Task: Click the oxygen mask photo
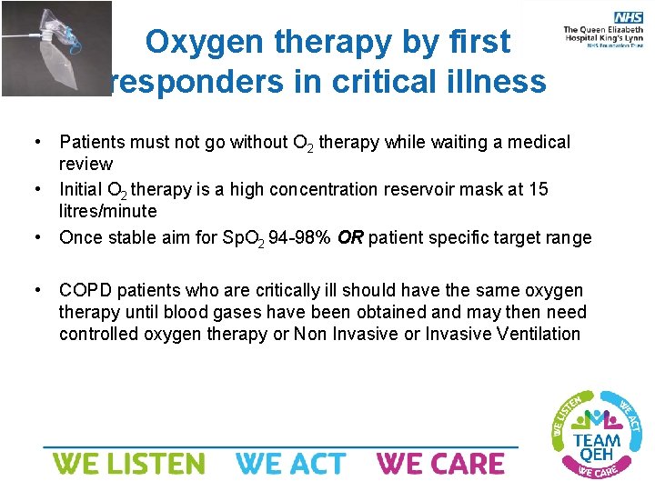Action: pos(56,47)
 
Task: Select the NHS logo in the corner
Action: pos(628,17)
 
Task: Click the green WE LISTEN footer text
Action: pos(128,464)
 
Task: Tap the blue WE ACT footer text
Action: pos(291,464)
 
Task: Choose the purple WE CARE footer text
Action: pos(440,464)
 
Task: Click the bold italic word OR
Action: pos(349,238)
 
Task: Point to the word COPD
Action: pos(83,290)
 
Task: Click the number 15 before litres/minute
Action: pos(538,189)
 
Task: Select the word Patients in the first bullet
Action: pos(93,142)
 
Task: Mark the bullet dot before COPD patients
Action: pos(35,290)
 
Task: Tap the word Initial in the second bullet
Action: pos(80,189)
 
